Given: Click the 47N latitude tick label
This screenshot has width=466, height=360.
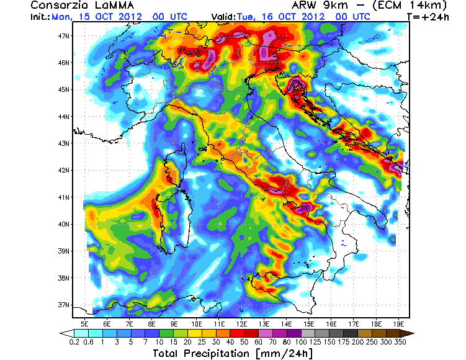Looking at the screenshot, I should [x=63, y=35].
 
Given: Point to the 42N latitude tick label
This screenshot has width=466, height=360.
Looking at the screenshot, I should [x=63, y=170].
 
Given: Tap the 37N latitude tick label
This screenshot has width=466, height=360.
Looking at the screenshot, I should [x=63, y=305].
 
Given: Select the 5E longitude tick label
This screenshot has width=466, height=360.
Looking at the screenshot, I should [x=84, y=324].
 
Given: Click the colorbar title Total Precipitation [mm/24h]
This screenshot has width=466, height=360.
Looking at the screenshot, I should [x=235, y=353].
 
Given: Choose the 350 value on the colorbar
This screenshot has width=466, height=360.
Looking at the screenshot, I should [x=401, y=341].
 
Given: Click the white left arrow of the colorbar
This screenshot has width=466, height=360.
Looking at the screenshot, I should [x=66, y=333].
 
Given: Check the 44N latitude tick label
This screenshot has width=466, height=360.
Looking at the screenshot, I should [x=63, y=116].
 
